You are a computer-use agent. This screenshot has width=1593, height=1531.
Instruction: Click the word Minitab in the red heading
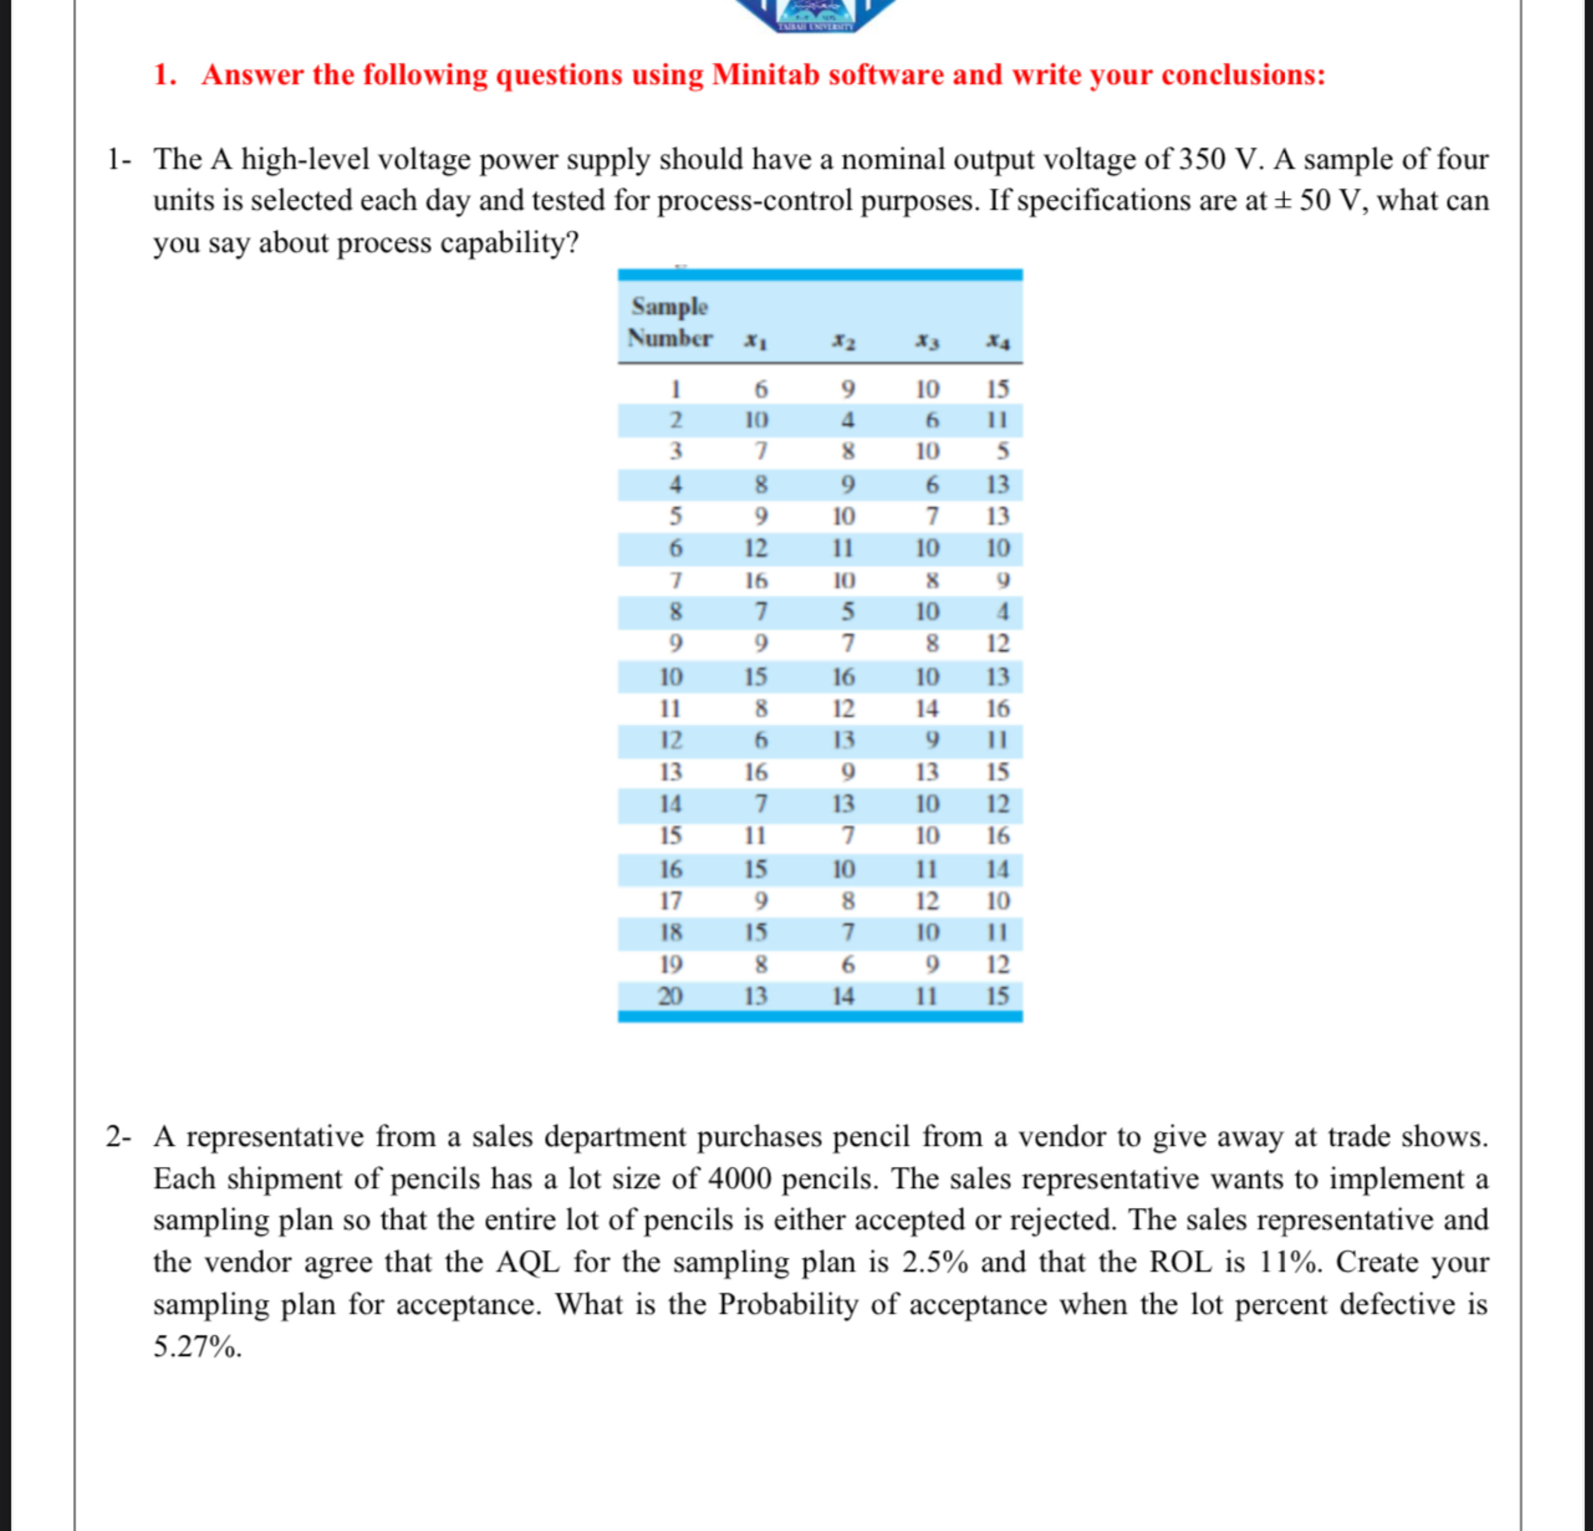click(766, 75)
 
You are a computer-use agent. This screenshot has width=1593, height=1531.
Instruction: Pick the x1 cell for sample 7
click(756, 580)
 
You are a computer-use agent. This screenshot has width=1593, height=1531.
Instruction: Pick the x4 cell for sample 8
click(1002, 611)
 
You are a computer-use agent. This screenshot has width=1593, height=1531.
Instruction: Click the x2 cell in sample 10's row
click(844, 676)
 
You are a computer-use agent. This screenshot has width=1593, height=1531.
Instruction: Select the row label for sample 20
click(670, 996)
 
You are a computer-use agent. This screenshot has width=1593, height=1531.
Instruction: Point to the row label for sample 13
click(670, 771)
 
